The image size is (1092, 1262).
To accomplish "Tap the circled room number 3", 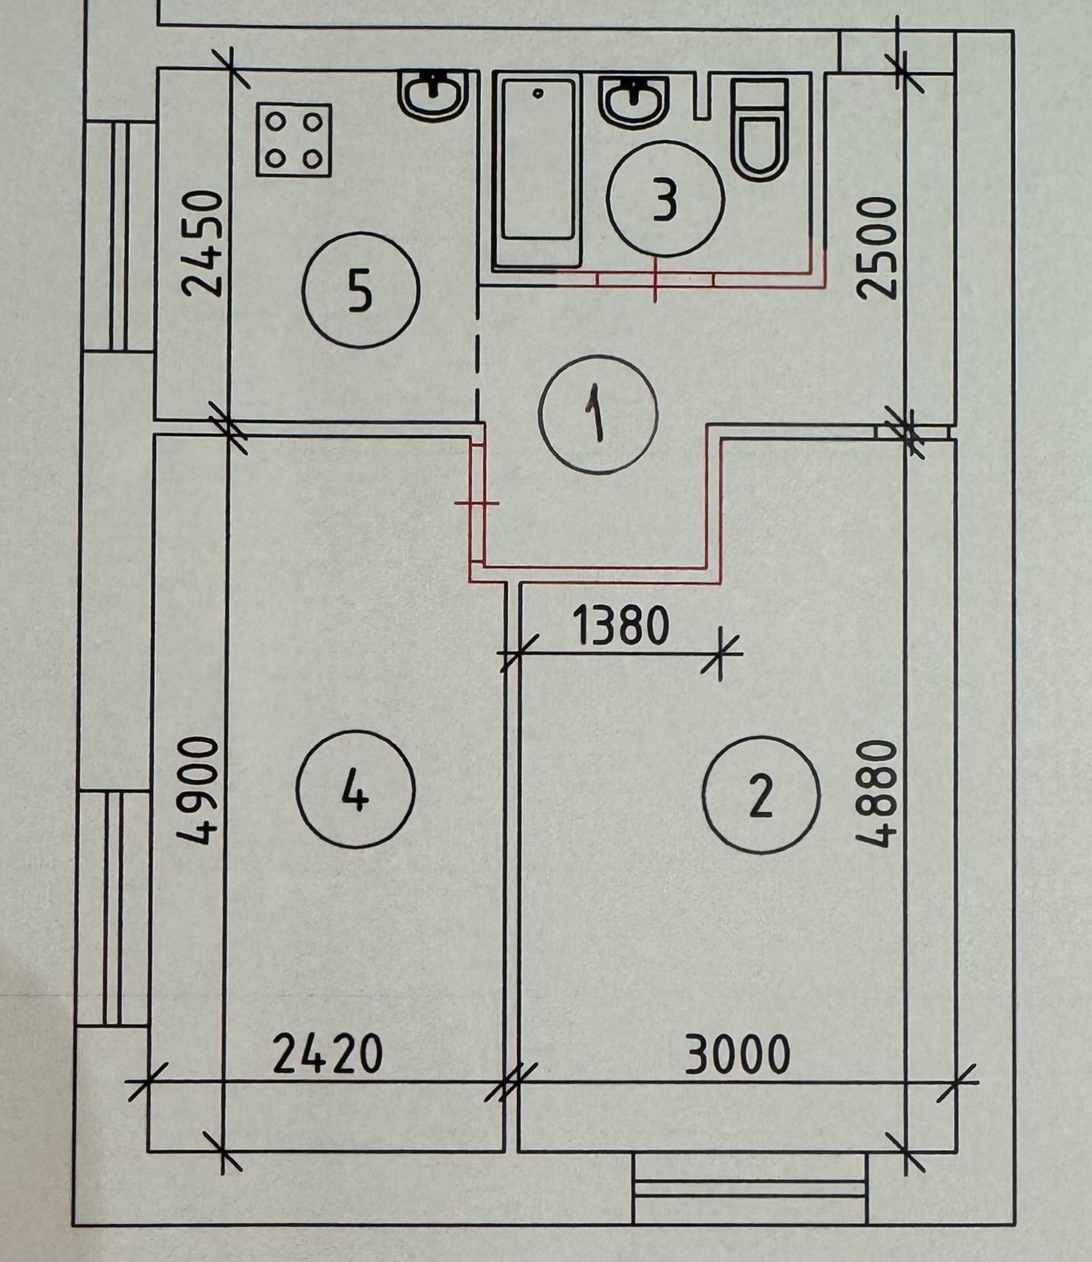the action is point(666,200).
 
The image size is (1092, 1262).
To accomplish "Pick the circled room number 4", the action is point(355,789).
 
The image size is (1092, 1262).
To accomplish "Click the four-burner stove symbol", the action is point(294,140).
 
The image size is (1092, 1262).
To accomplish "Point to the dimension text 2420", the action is point(327,1054).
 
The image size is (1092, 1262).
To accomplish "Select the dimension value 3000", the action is point(737,1054).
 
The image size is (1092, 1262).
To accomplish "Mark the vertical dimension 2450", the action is point(202,243).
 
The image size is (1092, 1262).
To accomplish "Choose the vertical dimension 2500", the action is point(877,247).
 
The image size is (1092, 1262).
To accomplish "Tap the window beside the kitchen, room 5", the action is point(118,236).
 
